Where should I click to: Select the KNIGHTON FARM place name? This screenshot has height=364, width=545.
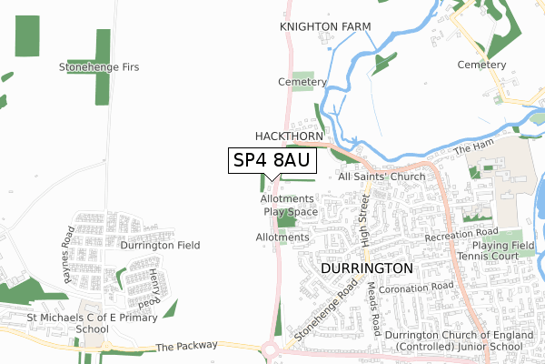pyautogui.click(x=325, y=27)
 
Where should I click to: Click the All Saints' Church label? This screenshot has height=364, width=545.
pyautogui.click(x=381, y=177)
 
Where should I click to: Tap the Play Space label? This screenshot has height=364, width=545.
pyautogui.click(x=291, y=211)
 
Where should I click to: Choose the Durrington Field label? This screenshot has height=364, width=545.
pyautogui.click(x=161, y=245)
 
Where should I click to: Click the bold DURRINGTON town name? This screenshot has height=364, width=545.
pyautogui.click(x=367, y=270)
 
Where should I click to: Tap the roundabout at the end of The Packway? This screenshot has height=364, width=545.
pyautogui.click(x=270, y=349)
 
